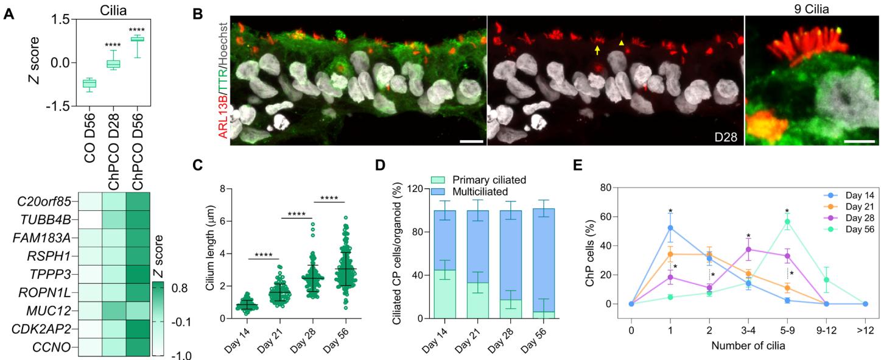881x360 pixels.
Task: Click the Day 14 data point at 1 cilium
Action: [x=670, y=228]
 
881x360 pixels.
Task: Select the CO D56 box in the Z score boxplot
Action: [x=89, y=83]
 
